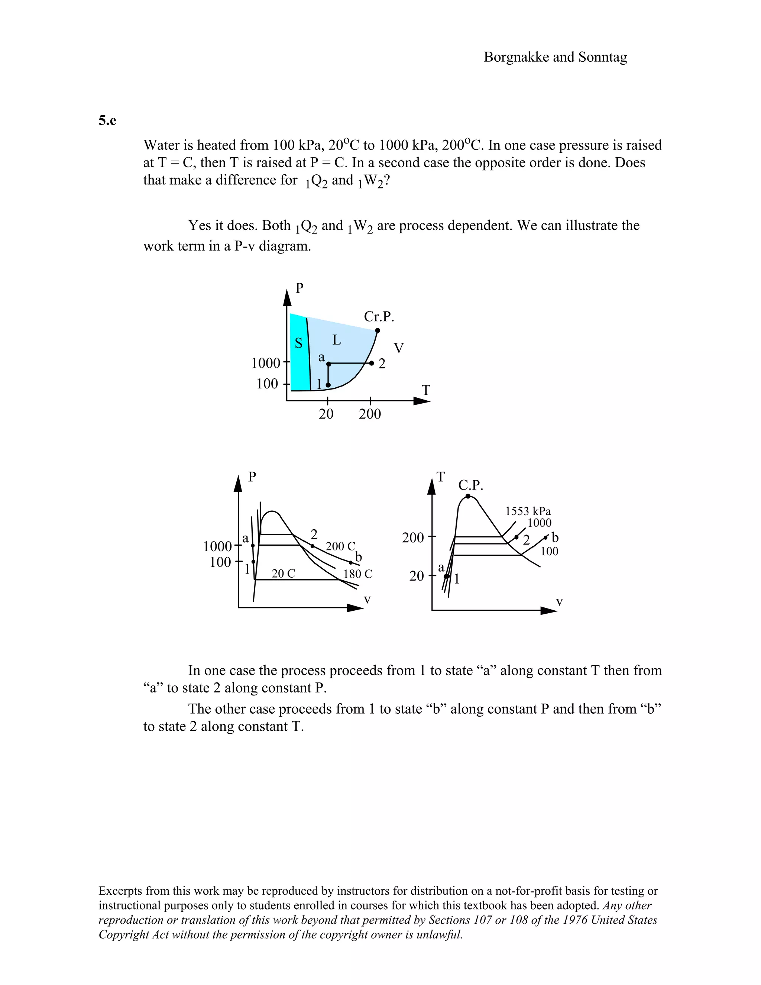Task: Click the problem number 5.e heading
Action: coord(107,120)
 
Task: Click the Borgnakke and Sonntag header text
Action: coord(555,57)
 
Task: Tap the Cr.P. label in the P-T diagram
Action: coord(379,317)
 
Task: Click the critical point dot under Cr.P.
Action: coord(378,330)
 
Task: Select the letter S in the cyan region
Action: coord(298,343)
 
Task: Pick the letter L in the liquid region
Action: coord(336,340)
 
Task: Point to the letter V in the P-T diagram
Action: coord(399,348)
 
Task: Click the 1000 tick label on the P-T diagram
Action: coord(266,363)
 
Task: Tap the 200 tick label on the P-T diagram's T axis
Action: coord(370,414)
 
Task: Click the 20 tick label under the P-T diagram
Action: coord(326,414)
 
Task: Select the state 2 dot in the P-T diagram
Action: coord(372,363)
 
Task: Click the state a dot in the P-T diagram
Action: coord(328,364)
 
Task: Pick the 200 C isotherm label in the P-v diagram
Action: coord(340,546)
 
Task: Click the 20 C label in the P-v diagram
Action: coord(283,573)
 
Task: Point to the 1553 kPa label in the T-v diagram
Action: coord(528,511)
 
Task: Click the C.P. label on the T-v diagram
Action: coord(471,485)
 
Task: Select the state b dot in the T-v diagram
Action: coord(546,537)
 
